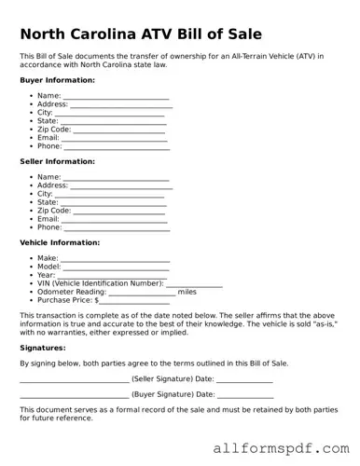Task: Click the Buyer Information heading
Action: tap(57, 80)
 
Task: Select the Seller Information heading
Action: tap(57, 161)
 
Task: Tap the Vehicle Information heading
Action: tap(60, 242)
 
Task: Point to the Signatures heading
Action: tap(42, 347)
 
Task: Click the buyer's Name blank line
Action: tap(116, 97)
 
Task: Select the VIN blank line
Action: tap(194, 284)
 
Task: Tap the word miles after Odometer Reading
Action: tap(187, 292)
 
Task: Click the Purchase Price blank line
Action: tap(135, 301)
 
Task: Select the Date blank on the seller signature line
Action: tap(244, 380)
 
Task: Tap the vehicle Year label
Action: tap(47, 275)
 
